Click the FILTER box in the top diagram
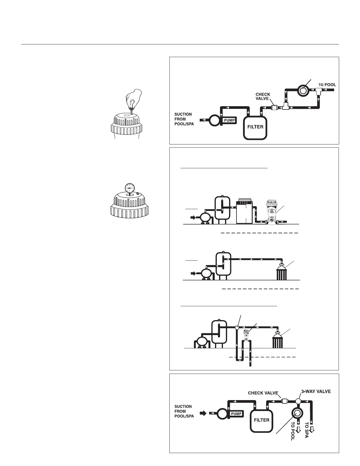click(255, 127)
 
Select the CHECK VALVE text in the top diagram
click(263, 96)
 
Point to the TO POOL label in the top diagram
click(327, 85)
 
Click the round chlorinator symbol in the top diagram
click(302, 91)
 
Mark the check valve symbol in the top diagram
click(274, 108)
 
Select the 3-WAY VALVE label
click(316, 392)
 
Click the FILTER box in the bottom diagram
click(261, 420)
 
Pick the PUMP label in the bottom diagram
click(236, 414)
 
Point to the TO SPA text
click(307, 430)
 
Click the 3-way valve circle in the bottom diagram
click(298, 401)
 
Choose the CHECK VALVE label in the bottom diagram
click(263, 393)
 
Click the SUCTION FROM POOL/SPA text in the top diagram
click(183, 119)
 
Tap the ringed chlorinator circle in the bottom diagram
click(296, 413)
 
